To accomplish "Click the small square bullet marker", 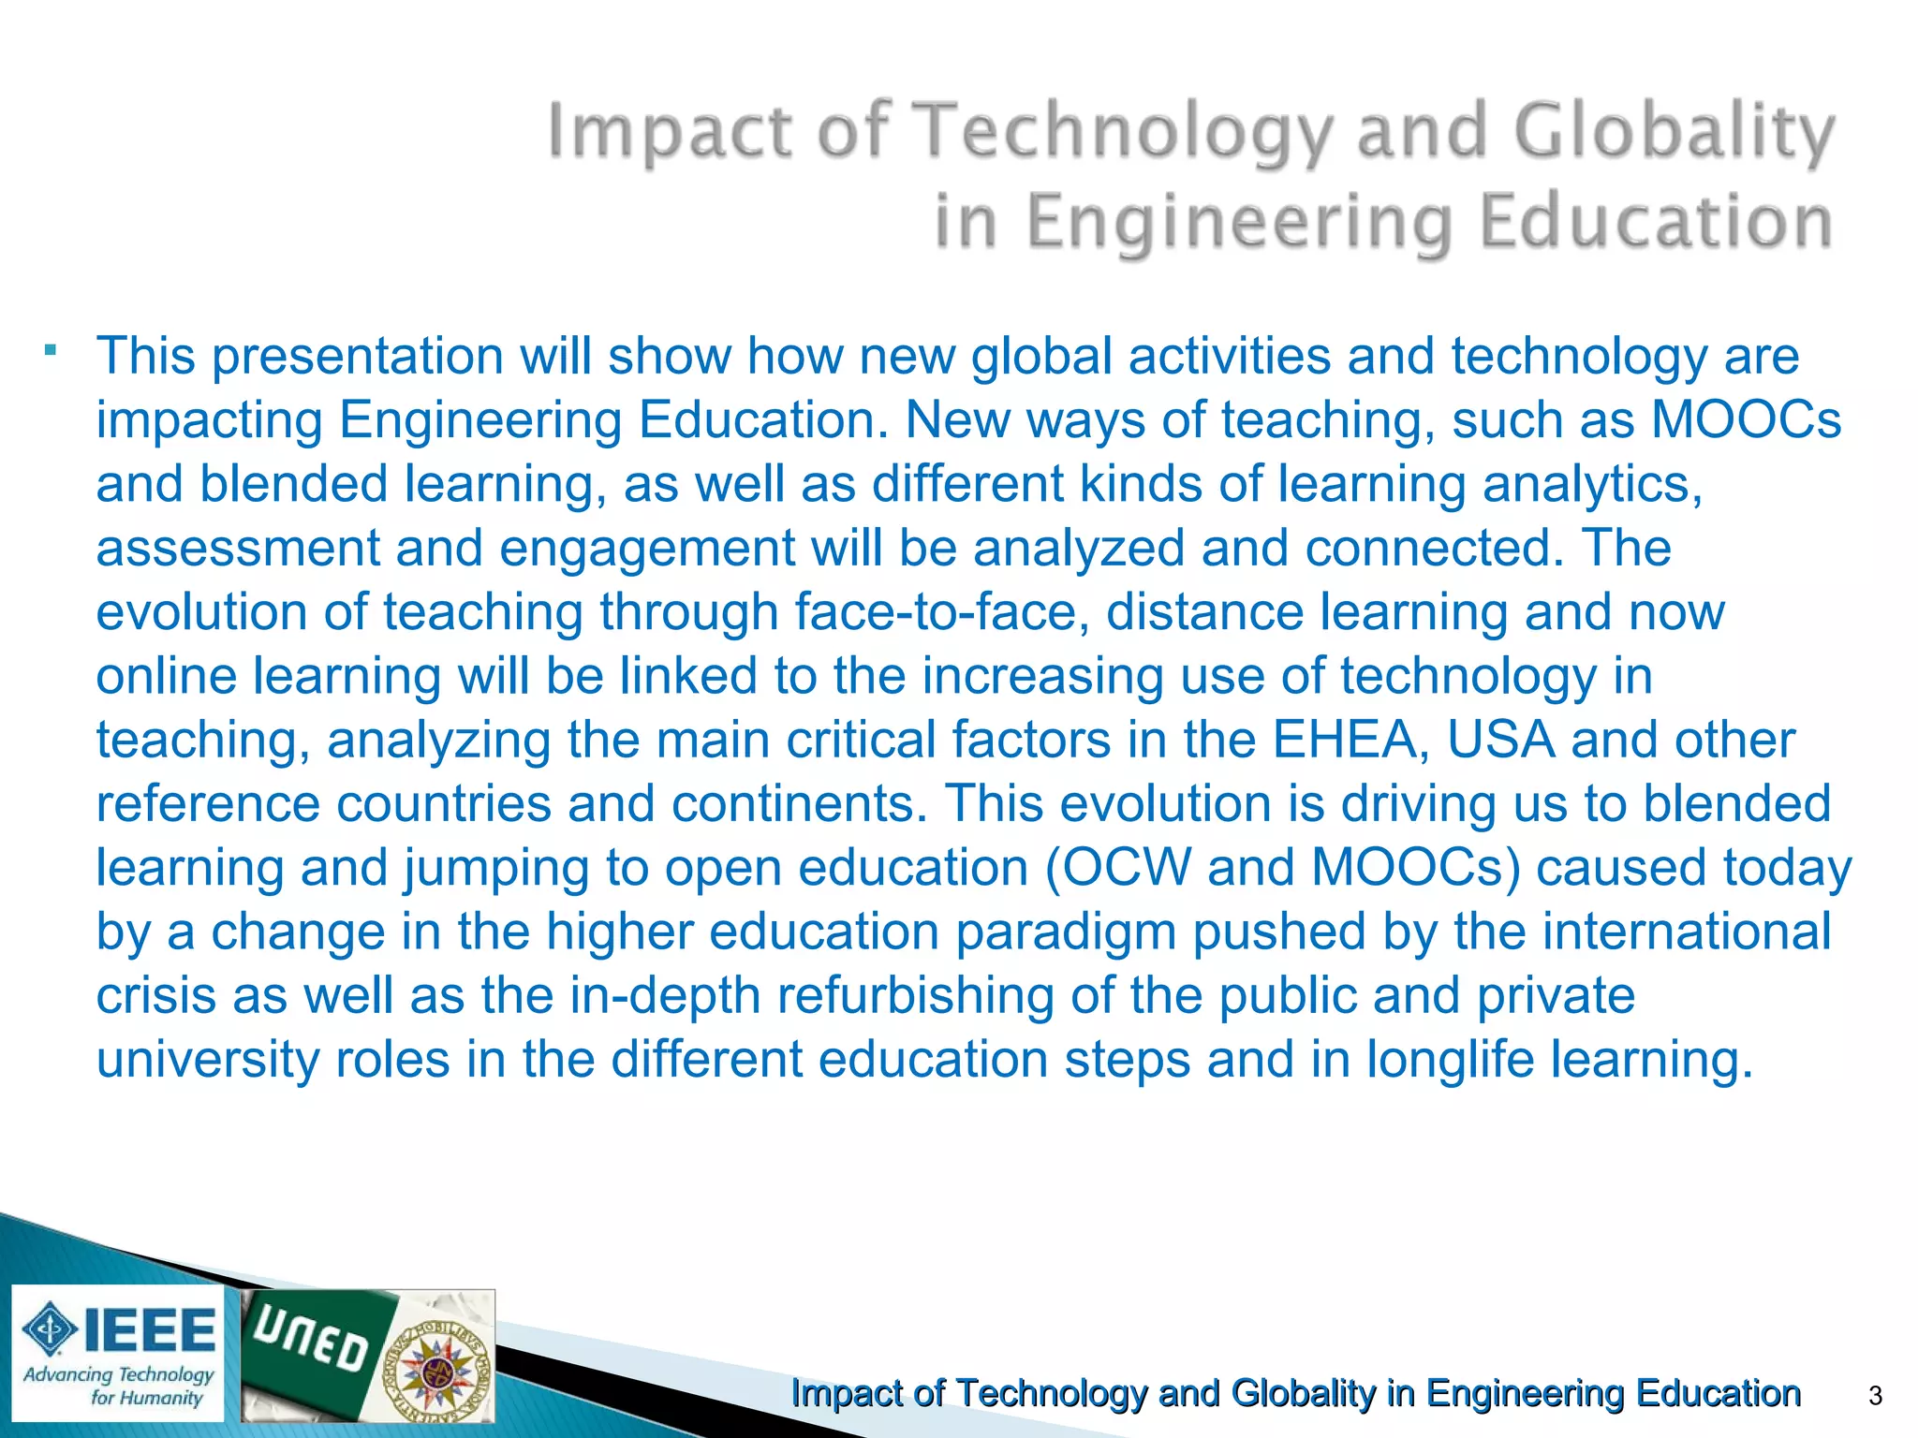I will coord(51,352).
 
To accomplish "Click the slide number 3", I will coord(1875,1396).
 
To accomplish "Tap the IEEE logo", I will coord(119,1330).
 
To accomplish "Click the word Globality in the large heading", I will coord(1674,132).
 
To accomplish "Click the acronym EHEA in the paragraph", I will coord(1350,740).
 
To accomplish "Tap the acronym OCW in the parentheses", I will coord(1126,868).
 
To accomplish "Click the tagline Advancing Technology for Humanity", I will coord(119,1386).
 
